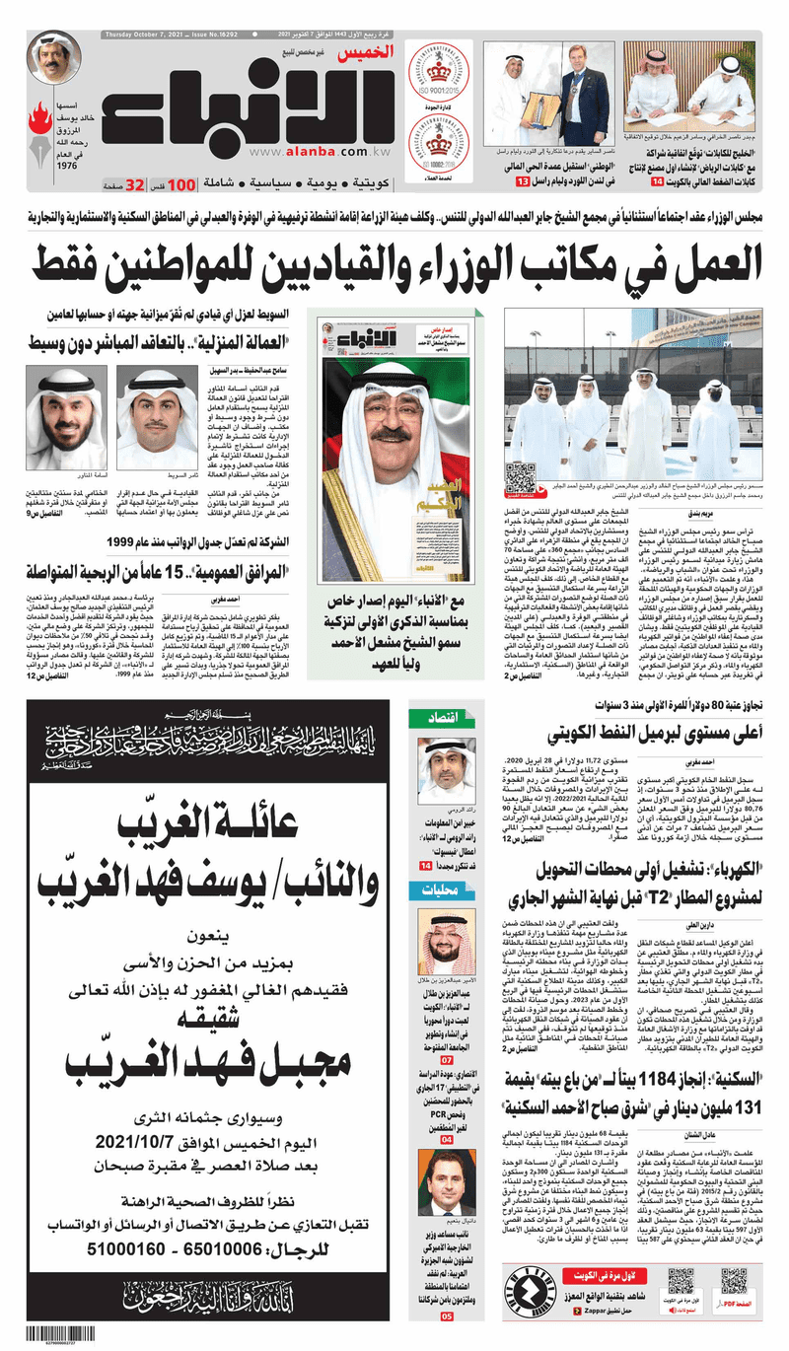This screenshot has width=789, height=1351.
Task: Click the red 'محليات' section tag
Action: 435,890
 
